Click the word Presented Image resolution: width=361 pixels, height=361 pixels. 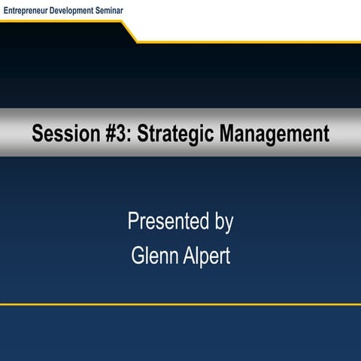(168, 222)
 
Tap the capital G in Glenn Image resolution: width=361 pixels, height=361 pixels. (138, 256)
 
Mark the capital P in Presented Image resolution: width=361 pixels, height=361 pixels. (133, 222)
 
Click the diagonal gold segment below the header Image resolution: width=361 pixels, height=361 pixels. (129, 32)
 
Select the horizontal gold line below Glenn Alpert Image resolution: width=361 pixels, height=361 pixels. (180, 305)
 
